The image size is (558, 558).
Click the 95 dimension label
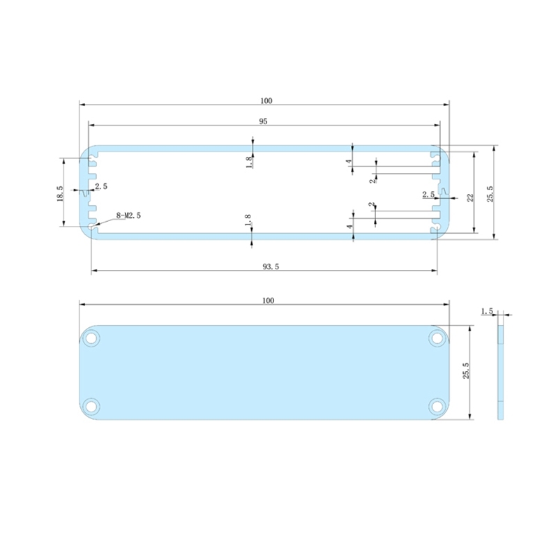pyautogui.click(x=264, y=121)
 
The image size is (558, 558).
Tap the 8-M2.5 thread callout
pyautogui.click(x=128, y=216)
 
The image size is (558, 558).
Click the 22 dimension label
pyautogui.click(x=470, y=197)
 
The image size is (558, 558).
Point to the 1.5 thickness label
pyautogui.click(x=487, y=311)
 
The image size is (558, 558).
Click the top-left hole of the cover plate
pyautogui.click(x=91, y=339)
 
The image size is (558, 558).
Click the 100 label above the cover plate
pyautogui.click(x=268, y=301)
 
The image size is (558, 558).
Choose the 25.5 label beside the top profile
pyautogui.click(x=490, y=193)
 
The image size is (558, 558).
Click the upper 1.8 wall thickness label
pyautogui.click(x=248, y=162)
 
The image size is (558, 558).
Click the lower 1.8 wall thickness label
pyautogui.click(x=248, y=223)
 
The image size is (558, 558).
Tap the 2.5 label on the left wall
pyautogui.click(x=101, y=186)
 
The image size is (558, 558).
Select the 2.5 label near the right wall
pyautogui.click(x=428, y=195)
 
